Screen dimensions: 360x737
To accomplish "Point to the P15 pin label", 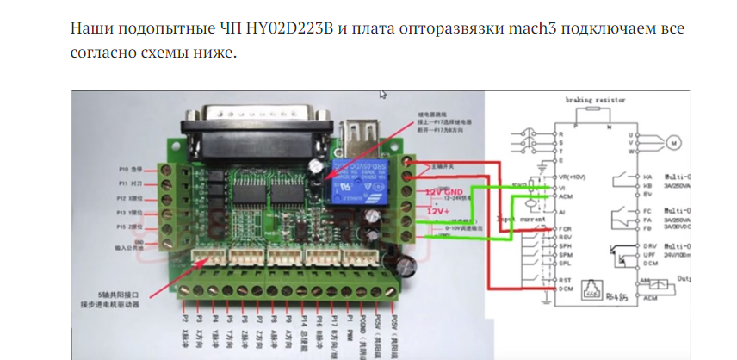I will [131, 227].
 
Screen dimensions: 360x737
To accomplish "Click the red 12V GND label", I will [443, 191].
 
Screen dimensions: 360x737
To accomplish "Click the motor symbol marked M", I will [674, 140].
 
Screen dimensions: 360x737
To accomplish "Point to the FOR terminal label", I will [565, 228].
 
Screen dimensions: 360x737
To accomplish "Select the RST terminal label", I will [565, 279].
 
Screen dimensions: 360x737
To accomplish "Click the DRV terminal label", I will [647, 245].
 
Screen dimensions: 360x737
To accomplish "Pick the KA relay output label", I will [647, 176].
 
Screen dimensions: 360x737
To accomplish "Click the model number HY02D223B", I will [292, 28].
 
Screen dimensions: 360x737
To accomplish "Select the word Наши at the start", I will [89, 28].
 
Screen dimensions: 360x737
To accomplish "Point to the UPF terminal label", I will [647, 254].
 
